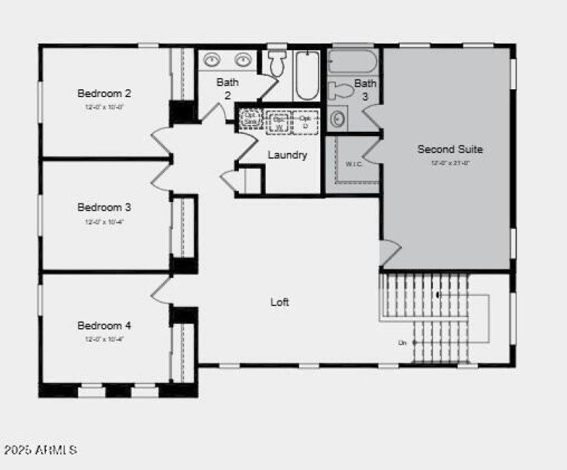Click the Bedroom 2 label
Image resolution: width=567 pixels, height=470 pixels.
point(104,93)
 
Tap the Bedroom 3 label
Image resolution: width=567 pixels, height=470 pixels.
point(104,208)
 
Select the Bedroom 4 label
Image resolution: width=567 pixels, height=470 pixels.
point(104,326)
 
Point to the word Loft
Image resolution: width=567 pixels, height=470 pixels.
point(280,302)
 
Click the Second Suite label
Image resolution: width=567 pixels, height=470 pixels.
point(450,149)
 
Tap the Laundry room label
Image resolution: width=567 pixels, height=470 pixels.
point(287,155)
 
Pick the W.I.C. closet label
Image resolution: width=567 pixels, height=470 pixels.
point(354,164)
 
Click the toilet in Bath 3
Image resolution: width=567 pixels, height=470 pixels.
point(342,90)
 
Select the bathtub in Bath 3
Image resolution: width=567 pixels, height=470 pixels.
point(353,62)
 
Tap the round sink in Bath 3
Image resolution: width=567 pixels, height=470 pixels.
point(339,118)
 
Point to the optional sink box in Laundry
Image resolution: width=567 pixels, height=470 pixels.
point(250,118)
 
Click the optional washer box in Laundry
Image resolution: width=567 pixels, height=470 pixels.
point(279,121)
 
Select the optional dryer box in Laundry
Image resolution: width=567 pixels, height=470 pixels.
point(305,121)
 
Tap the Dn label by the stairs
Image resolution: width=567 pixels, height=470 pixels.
point(402,343)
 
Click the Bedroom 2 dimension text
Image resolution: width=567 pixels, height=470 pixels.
point(104,106)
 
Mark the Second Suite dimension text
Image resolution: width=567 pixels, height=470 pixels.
point(450,162)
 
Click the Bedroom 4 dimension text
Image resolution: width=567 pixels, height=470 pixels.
point(104,339)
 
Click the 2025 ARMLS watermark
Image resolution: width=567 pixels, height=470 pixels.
point(40,450)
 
